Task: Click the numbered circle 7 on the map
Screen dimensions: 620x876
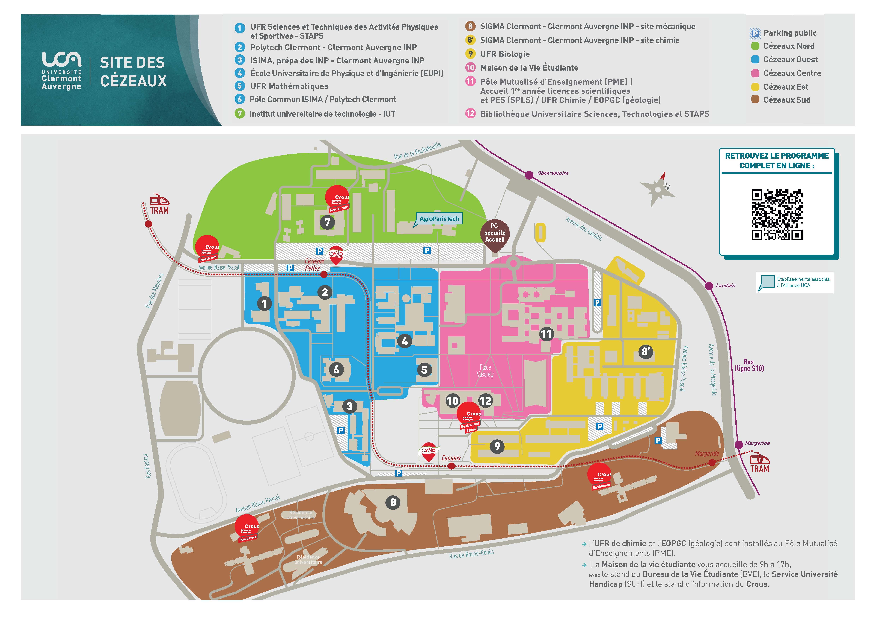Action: pos(327,222)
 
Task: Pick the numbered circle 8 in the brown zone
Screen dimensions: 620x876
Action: pos(393,502)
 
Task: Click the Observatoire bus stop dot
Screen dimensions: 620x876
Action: pos(529,175)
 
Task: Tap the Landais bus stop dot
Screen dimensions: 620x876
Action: pos(709,286)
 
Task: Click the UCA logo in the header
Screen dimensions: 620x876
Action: pos(61,71)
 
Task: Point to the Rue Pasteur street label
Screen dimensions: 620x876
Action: pos(148,466)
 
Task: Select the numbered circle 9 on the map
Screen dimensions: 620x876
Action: pos(497,446)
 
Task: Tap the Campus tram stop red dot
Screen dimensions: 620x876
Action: pos(451,466)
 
